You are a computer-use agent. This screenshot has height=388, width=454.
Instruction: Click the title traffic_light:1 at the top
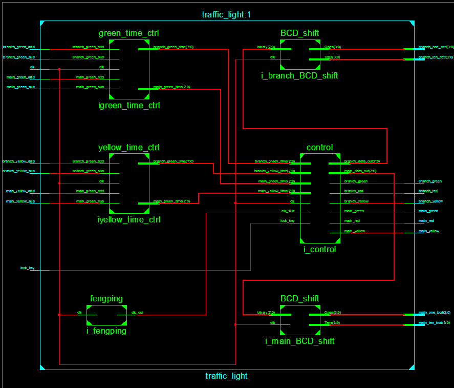click(x=226, y=14)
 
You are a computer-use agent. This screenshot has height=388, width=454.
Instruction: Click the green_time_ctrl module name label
click(x=129, y=33)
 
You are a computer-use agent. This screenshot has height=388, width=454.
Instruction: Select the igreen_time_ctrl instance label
click(x=129, y=106)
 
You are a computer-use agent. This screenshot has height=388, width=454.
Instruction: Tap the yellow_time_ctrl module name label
click(x=129, y=148)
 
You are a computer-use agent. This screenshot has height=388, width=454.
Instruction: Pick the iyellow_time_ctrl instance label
click(x=129, y=220)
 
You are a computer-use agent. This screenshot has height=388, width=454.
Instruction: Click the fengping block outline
click(x=106, y=315)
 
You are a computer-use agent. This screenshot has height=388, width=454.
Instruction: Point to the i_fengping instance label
click(x=106, y=331)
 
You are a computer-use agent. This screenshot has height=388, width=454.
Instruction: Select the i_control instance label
click(x=319, y=250)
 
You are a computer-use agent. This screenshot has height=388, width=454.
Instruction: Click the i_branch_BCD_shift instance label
click(x=299, y=76)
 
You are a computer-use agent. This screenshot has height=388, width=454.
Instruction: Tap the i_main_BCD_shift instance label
click(x=299, y=341)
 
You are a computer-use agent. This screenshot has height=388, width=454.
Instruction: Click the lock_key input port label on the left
click(x=28, y=268)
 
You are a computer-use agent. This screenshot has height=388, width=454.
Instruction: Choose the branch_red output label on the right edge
click(x=428, y=191)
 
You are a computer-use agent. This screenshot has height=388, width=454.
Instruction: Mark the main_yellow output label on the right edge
click(x=428, y=231)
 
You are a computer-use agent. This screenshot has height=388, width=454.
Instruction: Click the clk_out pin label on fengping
click(x=137, y=312)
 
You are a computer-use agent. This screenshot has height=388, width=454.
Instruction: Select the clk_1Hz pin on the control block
click(x=288, y=211)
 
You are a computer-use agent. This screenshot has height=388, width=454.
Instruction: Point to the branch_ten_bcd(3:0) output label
click(x=436, y=57)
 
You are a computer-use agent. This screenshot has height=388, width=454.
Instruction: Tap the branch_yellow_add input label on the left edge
click(x=19, y=161)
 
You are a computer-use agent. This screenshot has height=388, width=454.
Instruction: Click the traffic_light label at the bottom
click(x=226, y=376)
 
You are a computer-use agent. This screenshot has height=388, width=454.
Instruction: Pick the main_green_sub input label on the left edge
click(x=20, y=87)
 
